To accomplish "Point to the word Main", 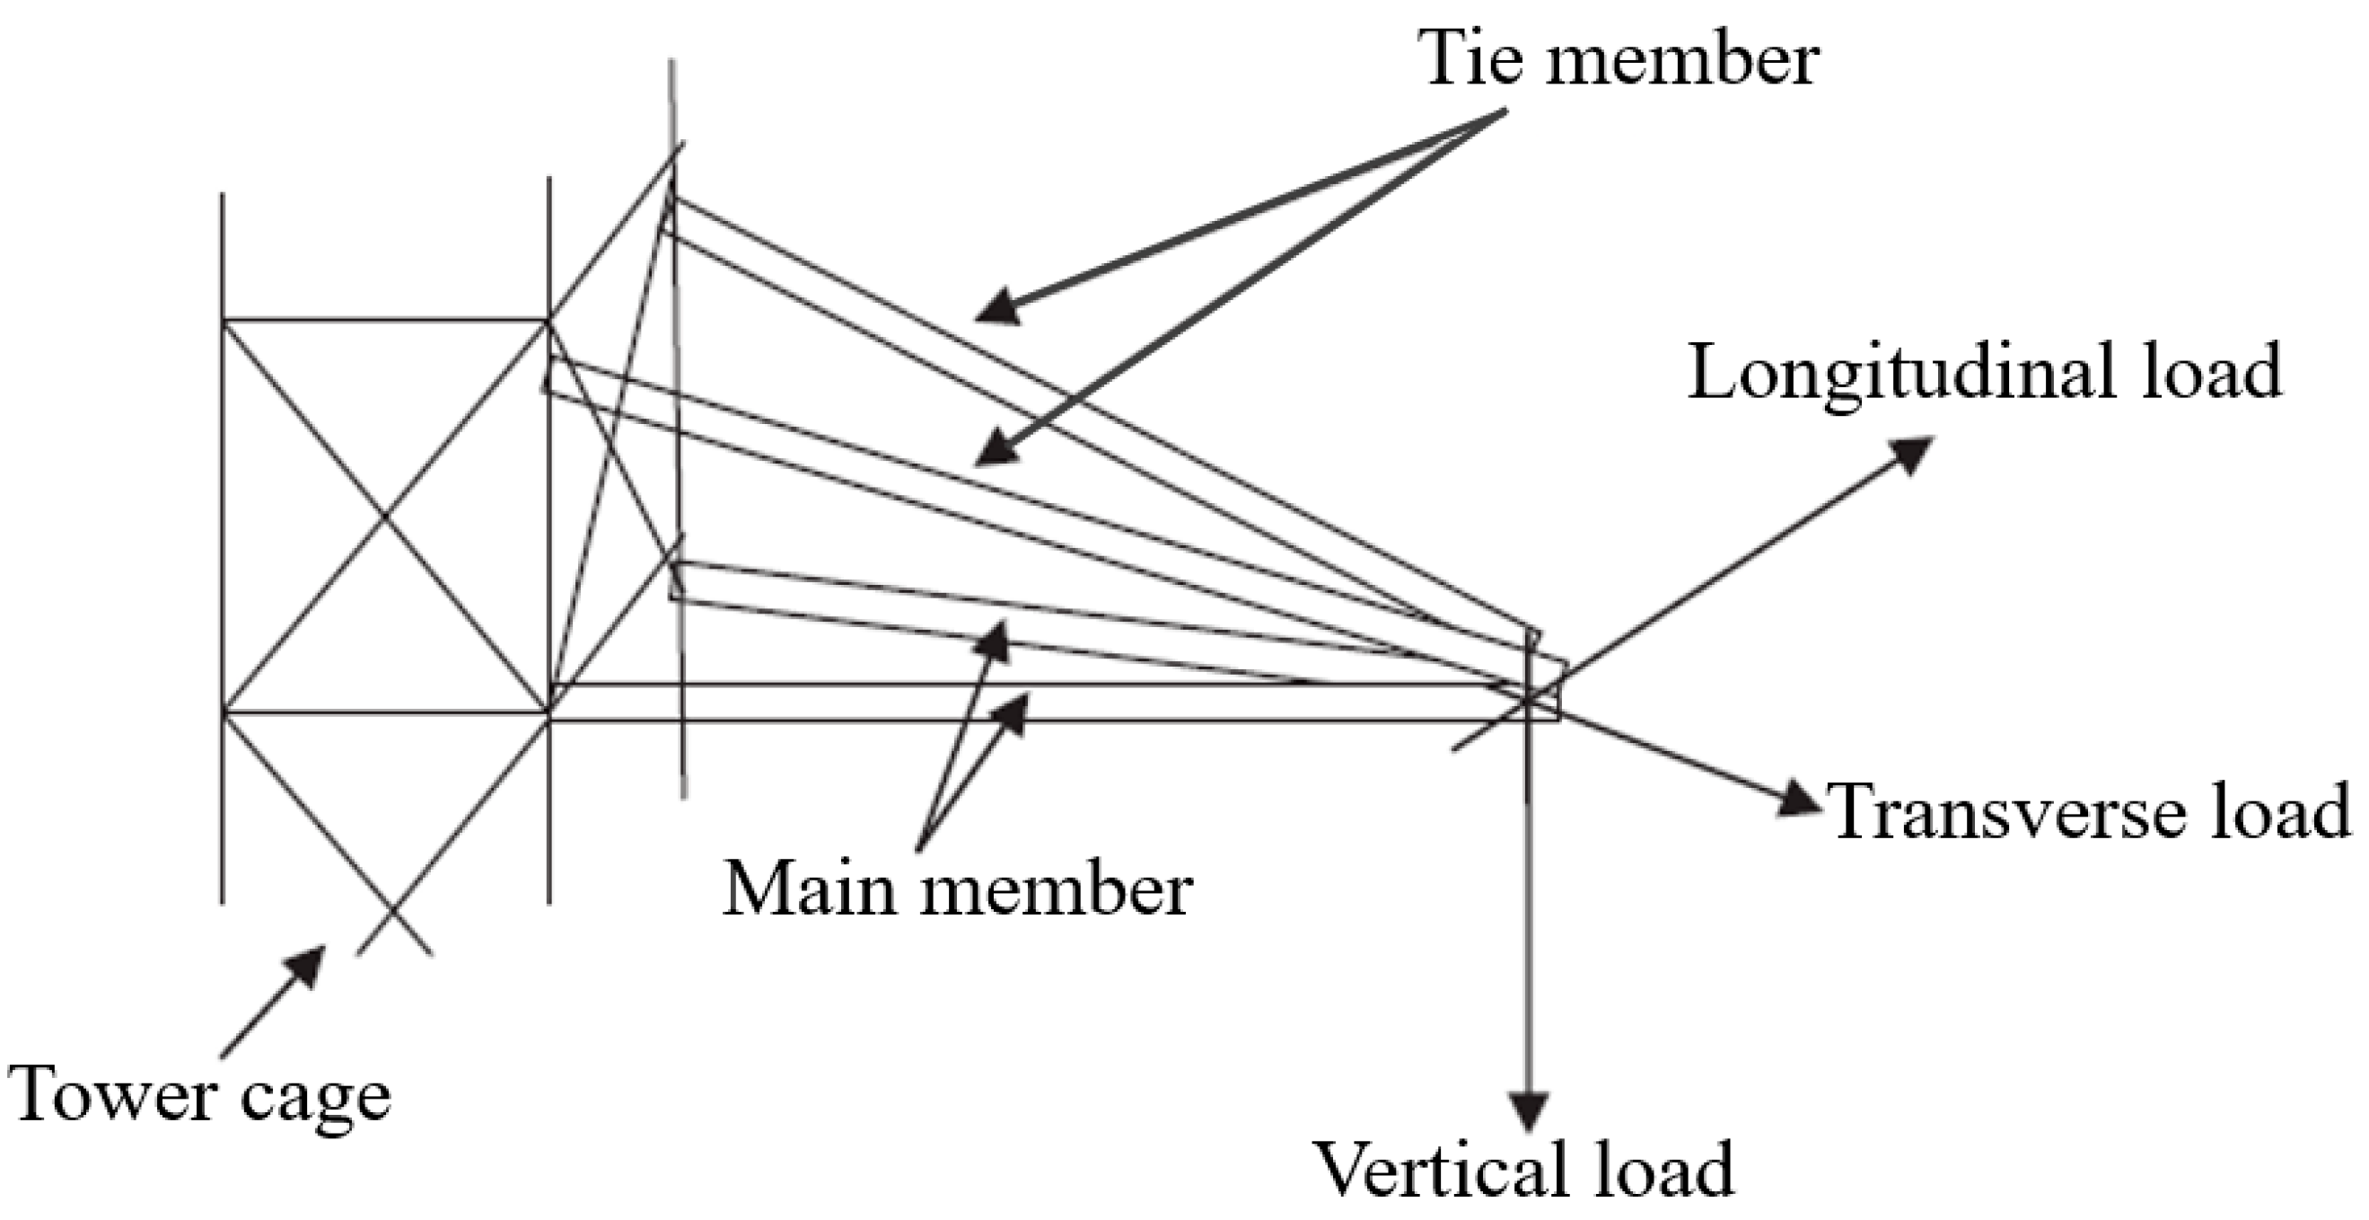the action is click(x=811, y=888).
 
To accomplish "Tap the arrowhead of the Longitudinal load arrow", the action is click(x=1912, y=454).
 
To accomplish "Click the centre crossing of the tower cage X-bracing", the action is click(x=385, y=517).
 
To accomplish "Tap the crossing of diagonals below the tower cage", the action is click(x=391, y=913).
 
